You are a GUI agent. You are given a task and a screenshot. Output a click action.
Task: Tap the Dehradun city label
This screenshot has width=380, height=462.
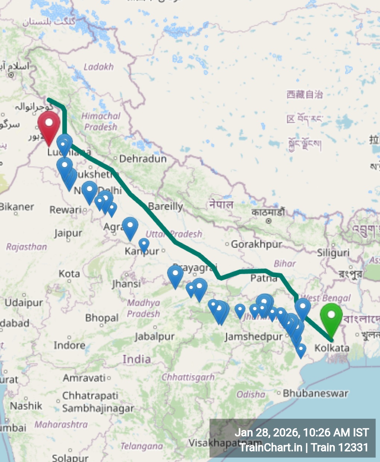[x=143, y=159]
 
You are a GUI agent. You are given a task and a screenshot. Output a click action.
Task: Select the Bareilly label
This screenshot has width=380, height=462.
[x=165, y=206]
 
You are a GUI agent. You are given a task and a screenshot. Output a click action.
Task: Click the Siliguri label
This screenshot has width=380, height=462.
[x=333, y=253]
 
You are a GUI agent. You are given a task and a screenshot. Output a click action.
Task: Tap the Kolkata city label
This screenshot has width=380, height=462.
[x=332, y=348]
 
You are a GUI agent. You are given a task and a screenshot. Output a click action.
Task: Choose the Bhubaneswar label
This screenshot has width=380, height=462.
[x=315, y=393]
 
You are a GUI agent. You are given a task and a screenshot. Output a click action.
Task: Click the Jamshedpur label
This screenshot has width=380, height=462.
[x=254, y=337]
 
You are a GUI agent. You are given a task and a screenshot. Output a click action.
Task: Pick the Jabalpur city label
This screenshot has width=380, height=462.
[x=154, y=337]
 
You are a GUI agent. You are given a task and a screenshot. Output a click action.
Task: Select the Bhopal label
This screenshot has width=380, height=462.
[x=102, y=318]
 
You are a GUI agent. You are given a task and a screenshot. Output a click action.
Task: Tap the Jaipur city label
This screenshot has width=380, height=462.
[x=68, y=233]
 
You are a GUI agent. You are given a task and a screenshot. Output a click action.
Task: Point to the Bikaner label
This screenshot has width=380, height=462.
[x=17, y=207]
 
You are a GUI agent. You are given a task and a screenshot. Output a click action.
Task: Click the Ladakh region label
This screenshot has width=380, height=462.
[x=98, y=67]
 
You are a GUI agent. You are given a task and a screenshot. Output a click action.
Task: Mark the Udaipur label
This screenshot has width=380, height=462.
[x=24, y=302]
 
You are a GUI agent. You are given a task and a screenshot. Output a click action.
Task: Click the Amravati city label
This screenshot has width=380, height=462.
[x=84, y=378]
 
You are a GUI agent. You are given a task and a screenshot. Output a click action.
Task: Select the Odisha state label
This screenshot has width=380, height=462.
[x=251, y=394]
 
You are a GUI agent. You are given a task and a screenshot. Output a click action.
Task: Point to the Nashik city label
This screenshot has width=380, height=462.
[x=26, y=406]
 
